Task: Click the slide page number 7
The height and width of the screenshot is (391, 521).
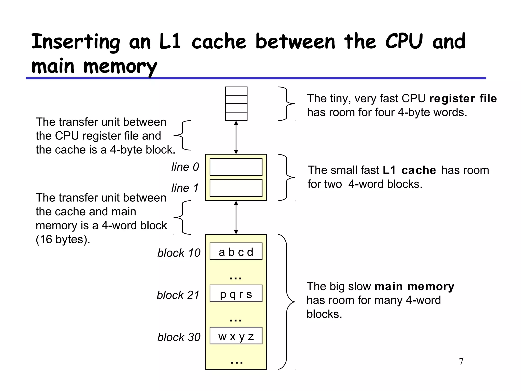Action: pos(461,361)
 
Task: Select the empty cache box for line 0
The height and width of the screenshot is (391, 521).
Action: pos(236,167)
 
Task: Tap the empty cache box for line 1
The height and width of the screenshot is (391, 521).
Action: pos(236,188)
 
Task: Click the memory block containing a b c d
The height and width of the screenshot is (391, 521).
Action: pos(236,252)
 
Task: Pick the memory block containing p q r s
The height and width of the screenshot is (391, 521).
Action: pos(236,294)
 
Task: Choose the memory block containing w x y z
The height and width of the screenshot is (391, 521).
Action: pos(236,336)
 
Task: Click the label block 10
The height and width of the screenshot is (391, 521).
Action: pos(179,253)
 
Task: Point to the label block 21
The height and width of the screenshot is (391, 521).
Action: pos(178,295)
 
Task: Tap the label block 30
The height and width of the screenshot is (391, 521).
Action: pos(179,337)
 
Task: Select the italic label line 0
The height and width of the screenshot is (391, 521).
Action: pos(185,167)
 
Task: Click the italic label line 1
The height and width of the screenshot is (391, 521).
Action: pos(185,188)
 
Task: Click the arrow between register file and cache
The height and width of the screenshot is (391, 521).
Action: pos(236,137)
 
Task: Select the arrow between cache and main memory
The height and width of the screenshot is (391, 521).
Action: pos(236,218)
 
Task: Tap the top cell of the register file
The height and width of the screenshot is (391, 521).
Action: pos(236,91)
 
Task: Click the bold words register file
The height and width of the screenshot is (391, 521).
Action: pos(463,99)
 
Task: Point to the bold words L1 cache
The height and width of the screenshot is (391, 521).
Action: pos(409,170)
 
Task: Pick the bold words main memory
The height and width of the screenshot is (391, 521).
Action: pos(414,286)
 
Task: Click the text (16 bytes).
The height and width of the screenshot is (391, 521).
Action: pos(63,239)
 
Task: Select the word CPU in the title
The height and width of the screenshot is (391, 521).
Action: pos(404,41)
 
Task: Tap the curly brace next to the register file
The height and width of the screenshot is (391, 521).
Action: pos(286,104)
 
